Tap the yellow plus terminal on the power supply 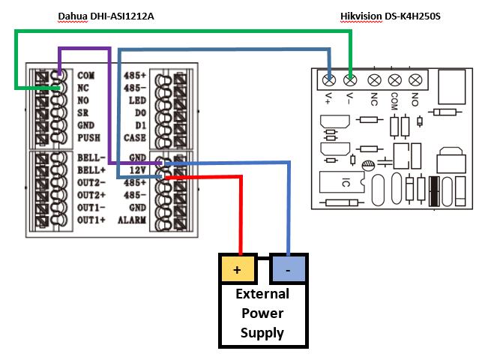pos(238,268)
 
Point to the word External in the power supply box pos(262,294)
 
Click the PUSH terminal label pos(88,138)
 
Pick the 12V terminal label pos(136,170)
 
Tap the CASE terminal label pos(135,138)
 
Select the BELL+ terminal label pos(90,170)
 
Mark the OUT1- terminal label pos(91,207)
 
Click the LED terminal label pos(136,100)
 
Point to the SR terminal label pos(83,113)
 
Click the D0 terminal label pos(139,113)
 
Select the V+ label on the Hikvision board pos(329,97)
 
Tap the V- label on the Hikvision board pos(349,97)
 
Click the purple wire pos(109,105)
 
